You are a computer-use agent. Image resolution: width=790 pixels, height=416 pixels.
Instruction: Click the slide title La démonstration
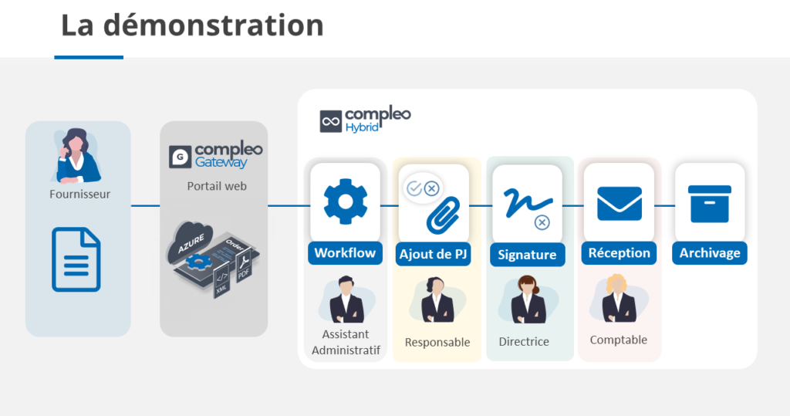pyautogui.click(x=192, y=25)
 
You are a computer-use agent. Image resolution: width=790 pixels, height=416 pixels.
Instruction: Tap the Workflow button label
pyautogui.click(x=345, y=253)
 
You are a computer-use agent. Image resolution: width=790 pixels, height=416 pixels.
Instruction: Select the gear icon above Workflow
pyautogui.click(x=345, y=201)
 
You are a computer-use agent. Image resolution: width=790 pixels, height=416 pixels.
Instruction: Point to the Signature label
pyautogui.click(x=527, y=255)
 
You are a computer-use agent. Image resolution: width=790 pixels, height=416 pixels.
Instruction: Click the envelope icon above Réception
pyautogui.click(x=619, y=204)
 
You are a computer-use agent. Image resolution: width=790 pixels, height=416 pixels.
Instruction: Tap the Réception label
pyautogui.click(x=619, y=253)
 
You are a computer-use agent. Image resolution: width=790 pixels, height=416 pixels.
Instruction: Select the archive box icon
pyautogui.click(x=710, y=203)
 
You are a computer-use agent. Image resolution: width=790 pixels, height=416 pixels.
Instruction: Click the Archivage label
pyautogui.click(x=710, y=253)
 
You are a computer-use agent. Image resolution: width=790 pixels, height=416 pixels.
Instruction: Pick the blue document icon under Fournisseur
pyautogui.click(x=76, y=259)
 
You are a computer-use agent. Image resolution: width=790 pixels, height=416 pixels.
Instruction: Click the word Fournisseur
pyautogui.click(x=79, y=194)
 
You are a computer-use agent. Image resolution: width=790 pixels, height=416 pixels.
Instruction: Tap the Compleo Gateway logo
pyautogui.click(x=216, y=155)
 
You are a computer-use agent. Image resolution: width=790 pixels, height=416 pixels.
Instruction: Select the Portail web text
pyautogui.click(x=217, y=186)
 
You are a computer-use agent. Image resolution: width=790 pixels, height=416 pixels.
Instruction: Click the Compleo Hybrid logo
pyautogui.click(x=366, y=120)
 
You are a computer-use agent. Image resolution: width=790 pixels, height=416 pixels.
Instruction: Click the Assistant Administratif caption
pyautogui.click(x=346, y=342)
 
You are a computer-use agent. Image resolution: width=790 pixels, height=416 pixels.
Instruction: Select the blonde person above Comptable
pyautogui.click(x=619, y=298)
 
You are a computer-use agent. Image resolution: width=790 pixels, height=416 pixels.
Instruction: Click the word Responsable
pyautogui.click(x=437, y=342)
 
